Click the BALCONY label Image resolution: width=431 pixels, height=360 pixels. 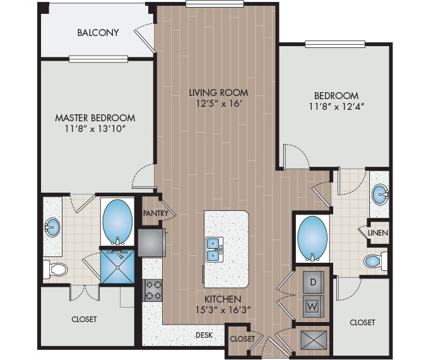pos(98,33)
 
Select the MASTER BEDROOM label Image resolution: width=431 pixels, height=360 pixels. pos(95,117)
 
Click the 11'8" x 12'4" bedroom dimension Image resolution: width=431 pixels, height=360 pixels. pos(334,106)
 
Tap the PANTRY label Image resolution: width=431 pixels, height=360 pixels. pos(155,213)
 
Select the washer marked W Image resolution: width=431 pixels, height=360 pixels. pos(313,306)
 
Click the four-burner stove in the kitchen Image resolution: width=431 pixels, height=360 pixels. pos(153,291)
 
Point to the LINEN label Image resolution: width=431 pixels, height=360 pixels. pos(379,233)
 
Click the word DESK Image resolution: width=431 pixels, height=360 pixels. pos(203,335)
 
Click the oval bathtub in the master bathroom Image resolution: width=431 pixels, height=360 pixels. pos(117,221)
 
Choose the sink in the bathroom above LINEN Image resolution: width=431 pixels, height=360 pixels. pos(380,195)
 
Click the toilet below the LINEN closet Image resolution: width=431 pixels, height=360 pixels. pos(374,261)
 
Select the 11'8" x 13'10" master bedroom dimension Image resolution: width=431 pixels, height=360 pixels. pos(95,129)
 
